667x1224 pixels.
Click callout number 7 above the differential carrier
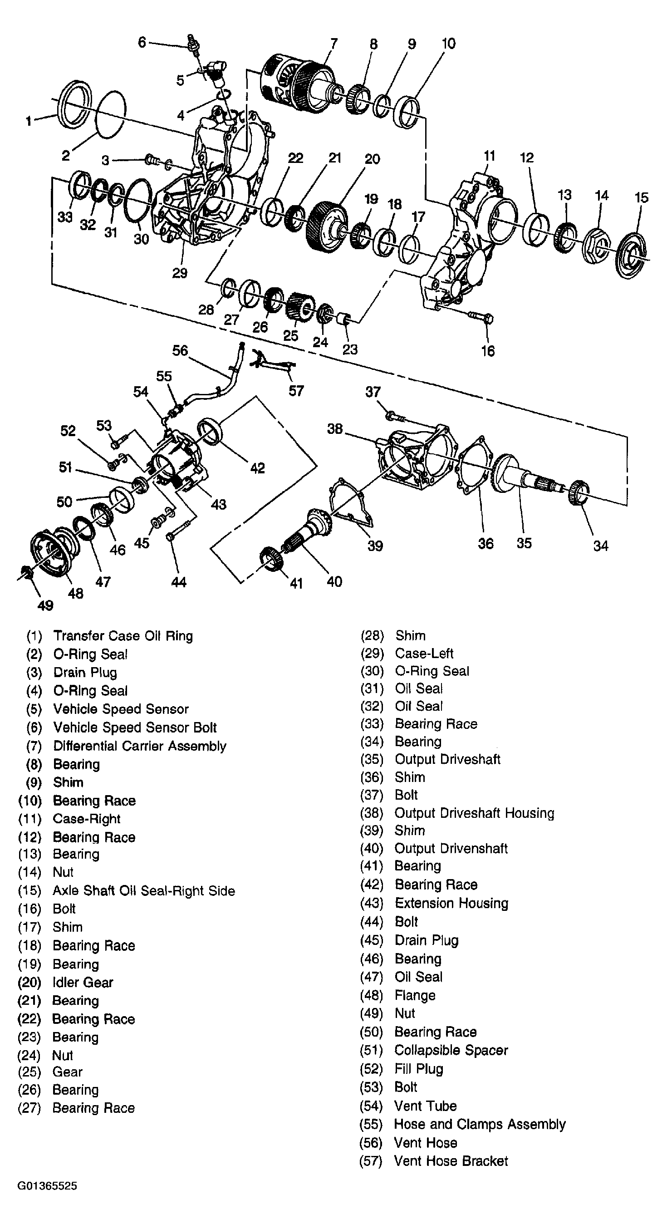334,43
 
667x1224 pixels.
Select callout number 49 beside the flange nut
45,605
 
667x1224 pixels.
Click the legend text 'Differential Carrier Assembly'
140,746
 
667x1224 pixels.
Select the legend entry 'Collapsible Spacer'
451,1050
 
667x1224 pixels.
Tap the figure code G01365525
47,1186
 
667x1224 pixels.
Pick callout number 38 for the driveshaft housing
334,428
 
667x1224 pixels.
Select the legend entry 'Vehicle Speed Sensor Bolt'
135,728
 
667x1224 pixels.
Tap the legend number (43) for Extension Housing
372,903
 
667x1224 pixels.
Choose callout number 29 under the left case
180,273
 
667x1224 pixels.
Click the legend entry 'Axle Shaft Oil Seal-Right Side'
143,890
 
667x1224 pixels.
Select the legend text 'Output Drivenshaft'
451,849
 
